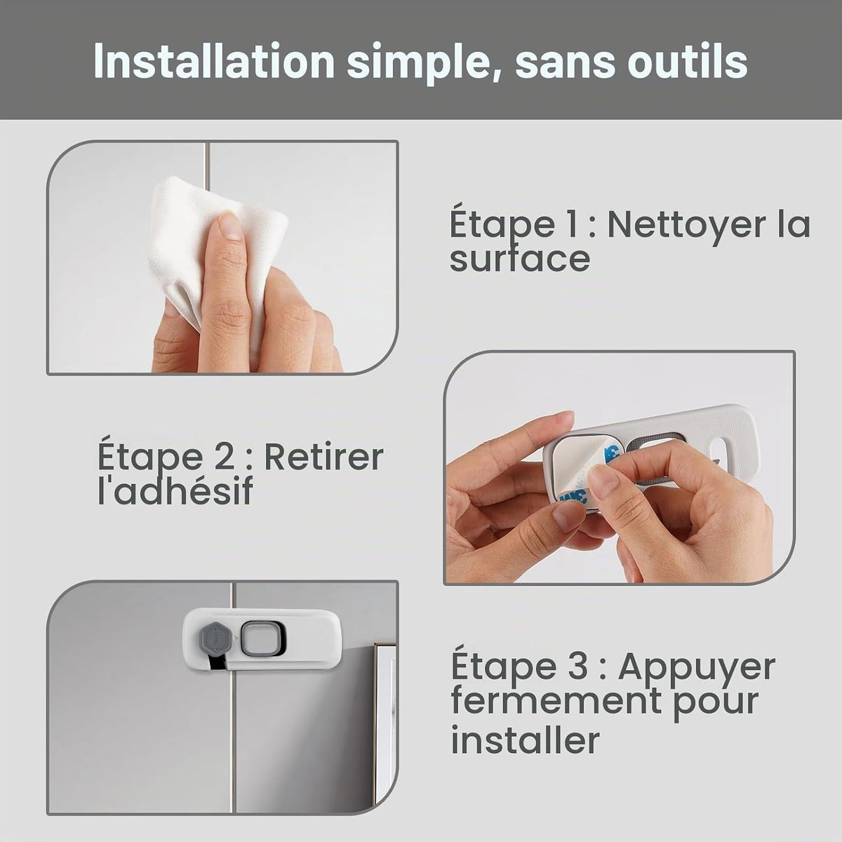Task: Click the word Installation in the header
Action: point(214,62)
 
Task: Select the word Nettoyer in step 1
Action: point(686,225)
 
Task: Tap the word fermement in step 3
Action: point(555,700)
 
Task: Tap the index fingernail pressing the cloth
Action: point(229,226)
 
